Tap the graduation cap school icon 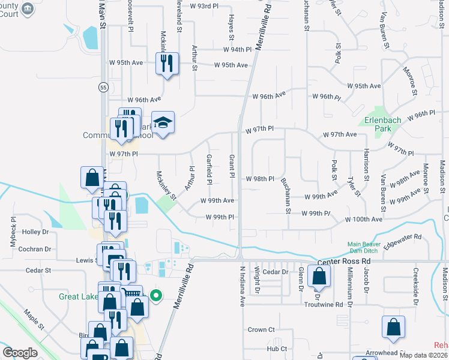(162, 123)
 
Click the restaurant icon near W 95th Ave (167, 63)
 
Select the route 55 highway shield (103, 87)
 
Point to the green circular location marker (156, 295)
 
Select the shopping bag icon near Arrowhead (393, 328)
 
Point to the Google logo (20, 353)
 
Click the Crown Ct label (261, 330)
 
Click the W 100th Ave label (363, 220)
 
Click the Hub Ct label (277, 348)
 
